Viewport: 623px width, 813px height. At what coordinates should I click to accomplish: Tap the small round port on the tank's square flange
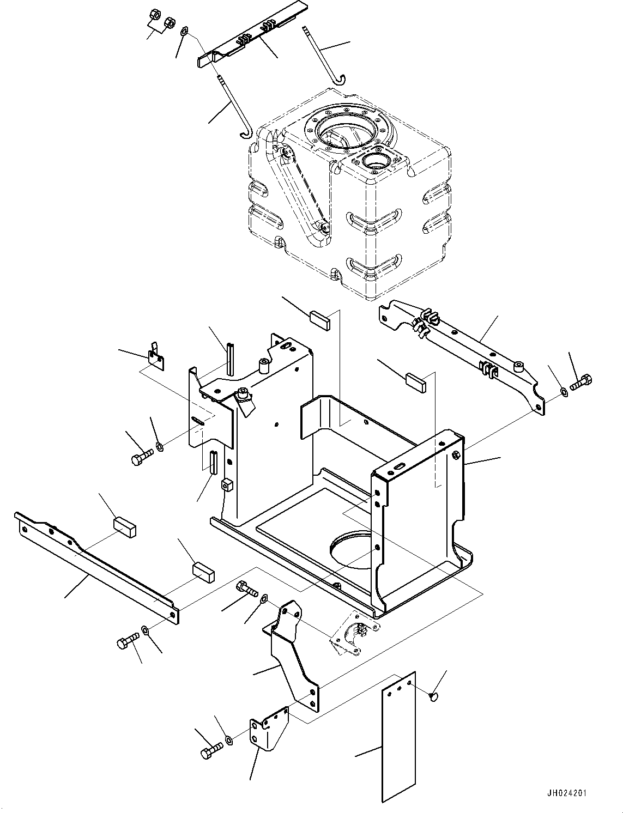[x=375, y=161]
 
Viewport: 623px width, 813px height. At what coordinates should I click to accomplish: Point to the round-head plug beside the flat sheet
[x=434, y=695]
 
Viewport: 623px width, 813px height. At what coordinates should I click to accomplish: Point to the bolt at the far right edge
[x=582, y=383]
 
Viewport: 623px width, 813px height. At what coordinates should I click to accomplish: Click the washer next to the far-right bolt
[x=564, y=391]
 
